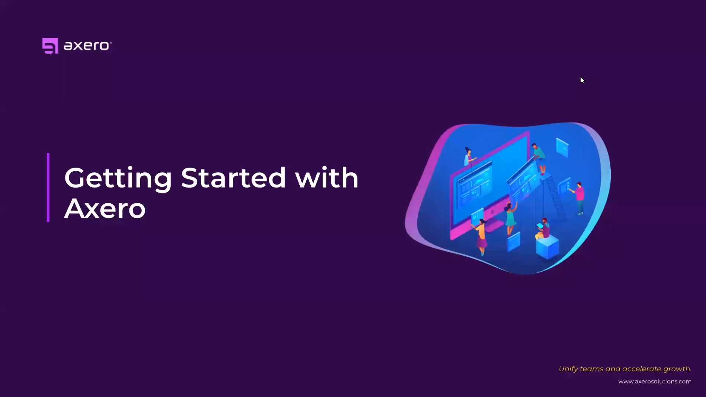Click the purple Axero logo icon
tap(50, 46)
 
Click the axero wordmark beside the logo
tap(87, 46)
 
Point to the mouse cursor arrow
tap(582, 80)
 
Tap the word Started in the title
tap(233, 178)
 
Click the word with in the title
tap(327, 178)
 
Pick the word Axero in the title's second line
tap(105, 208)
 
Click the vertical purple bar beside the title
tap(48, 187)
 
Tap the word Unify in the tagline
tap(568, 369)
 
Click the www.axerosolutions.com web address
tap(655, 382)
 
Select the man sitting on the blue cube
tap(543, 229)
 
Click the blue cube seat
tap(548, 248)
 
